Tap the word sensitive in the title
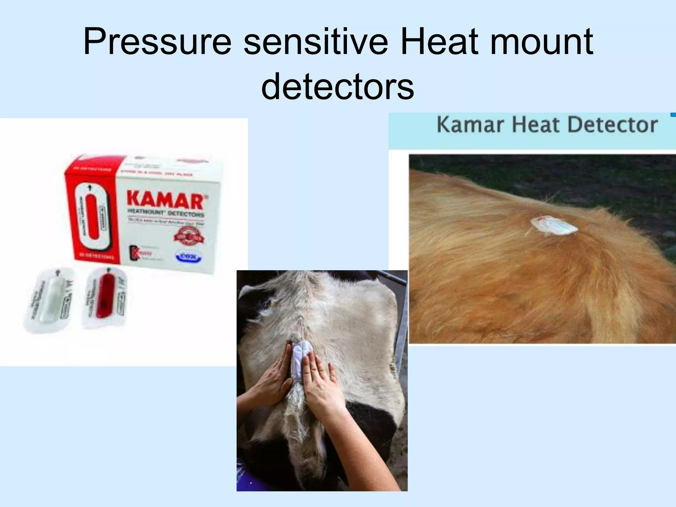[x=316, y=42]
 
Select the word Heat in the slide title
[x=439, y=42]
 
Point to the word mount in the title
[x=541, y=42]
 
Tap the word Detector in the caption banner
[x=612, y=125]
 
